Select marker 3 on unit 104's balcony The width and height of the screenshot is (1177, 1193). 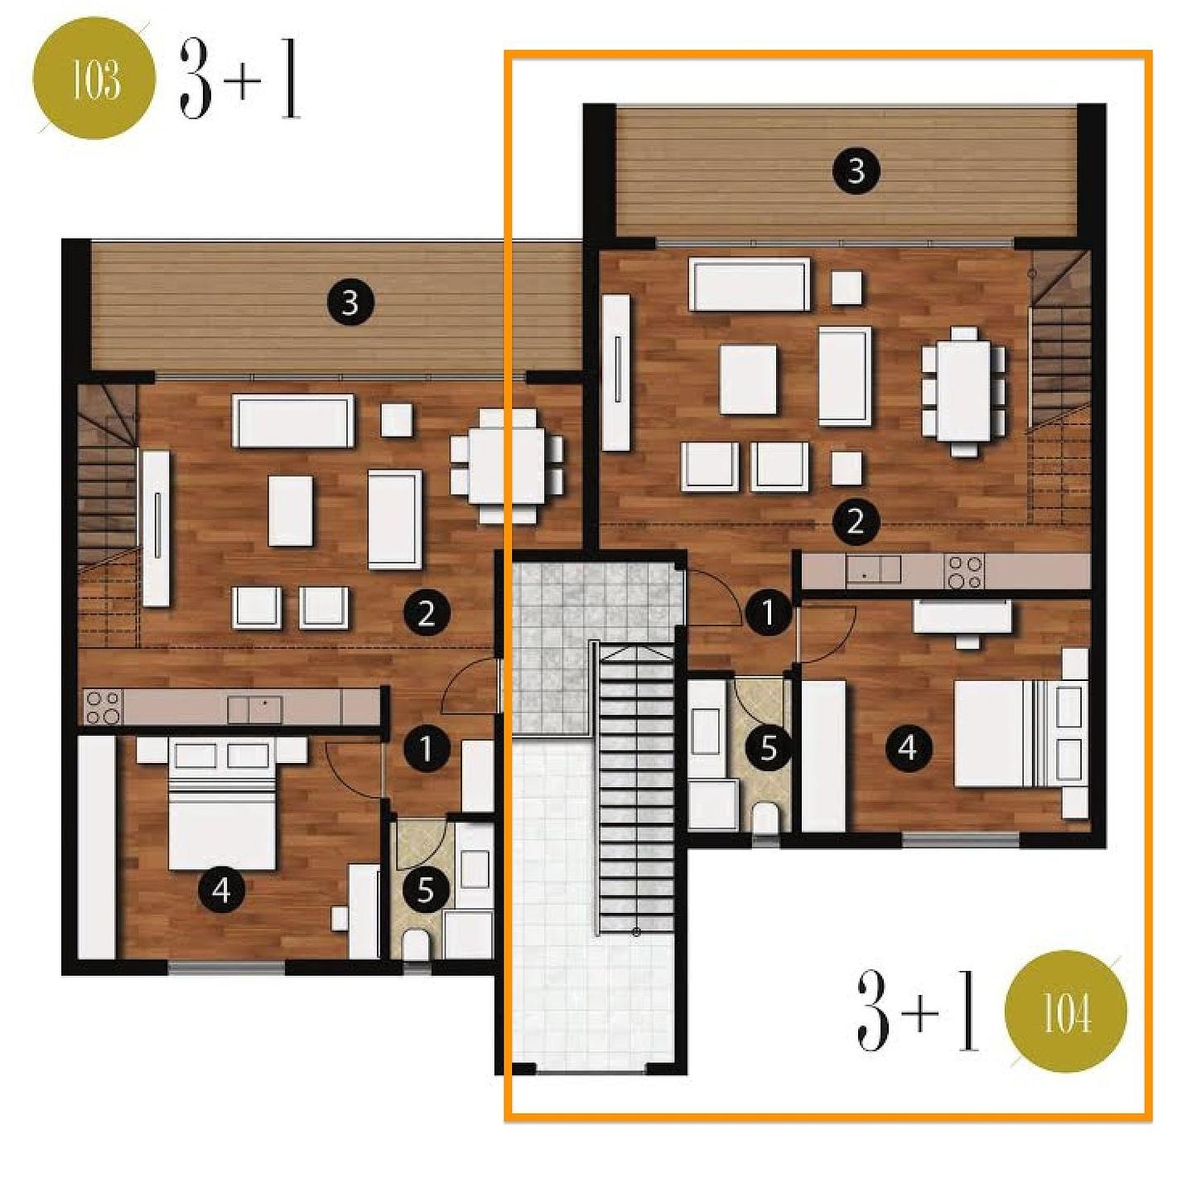(856, 171)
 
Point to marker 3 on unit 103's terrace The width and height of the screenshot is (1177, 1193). (350, 303)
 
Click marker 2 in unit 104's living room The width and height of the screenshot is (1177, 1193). (855, 522)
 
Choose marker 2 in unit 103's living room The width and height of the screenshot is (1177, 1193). (426, 614)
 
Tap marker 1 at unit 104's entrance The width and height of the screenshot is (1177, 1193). (768, 614)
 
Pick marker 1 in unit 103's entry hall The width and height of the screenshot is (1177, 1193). (426, 748)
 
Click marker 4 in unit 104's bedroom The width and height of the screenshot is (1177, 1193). (907, 748)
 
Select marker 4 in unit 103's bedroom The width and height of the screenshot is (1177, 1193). (221, 891)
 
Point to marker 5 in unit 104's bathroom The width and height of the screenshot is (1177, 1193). (768, 748)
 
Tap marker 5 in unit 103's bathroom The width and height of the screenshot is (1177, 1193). (426, 891)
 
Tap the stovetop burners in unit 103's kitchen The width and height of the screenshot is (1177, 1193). (104, 707)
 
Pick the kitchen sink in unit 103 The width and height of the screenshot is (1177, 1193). (254, 709)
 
